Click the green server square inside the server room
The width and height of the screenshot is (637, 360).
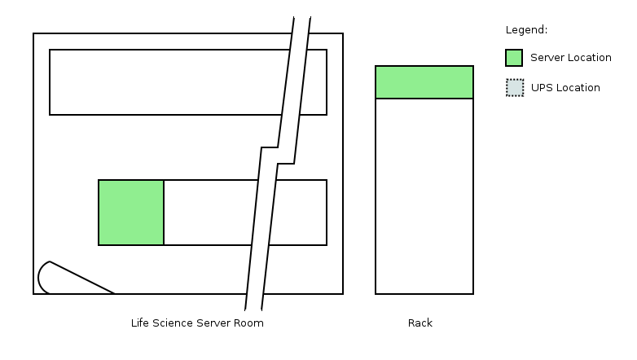pos(131,213)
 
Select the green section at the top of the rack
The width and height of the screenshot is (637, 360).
pos(424,82)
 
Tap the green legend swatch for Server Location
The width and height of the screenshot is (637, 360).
pos(514,58)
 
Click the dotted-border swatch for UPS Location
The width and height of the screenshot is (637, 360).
pos(514,88)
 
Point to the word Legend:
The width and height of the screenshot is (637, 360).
pos(526,30)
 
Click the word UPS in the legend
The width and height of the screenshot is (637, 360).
pos(541,88)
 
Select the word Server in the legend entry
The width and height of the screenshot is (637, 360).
pos(547,58)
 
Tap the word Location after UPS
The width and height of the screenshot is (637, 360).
pos(578,88)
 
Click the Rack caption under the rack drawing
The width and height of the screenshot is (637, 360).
pos(420,323)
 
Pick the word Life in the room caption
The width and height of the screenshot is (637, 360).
pos(140,323)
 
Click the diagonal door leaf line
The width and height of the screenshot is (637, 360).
pos(81,278)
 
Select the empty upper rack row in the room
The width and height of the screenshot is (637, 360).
pos(163,82)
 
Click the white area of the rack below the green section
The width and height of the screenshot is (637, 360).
pos(424,195)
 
